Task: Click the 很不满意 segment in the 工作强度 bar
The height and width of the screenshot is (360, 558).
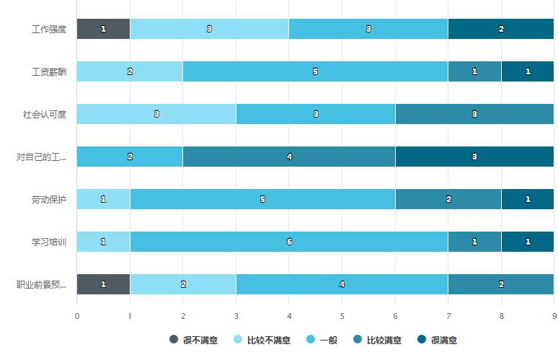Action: click(103, 29)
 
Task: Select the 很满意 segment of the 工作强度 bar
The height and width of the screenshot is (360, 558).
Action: click(501, 29)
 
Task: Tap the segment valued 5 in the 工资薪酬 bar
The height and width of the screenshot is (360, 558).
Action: click(315, 71)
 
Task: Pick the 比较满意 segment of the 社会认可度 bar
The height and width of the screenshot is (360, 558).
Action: click(474, 114)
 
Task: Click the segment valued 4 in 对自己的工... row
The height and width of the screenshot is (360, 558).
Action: click(288, 157)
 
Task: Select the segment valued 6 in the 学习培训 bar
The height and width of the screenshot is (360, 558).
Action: click(288, 242)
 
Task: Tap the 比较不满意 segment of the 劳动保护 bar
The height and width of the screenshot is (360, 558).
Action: click(103, 199)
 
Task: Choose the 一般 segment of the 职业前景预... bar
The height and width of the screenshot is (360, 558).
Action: click(342, 284)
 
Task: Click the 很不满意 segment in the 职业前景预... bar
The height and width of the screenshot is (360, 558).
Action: click(103, 284)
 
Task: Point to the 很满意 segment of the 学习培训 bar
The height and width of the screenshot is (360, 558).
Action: click(528, 242)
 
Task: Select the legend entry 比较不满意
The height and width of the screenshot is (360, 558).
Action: click(262, 340)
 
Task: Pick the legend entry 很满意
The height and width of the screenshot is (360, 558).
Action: click(438, 340)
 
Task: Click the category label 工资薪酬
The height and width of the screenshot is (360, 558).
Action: click(49, 71)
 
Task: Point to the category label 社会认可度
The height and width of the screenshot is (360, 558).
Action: click(45, 114)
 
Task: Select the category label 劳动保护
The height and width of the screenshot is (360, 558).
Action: click(49, 199)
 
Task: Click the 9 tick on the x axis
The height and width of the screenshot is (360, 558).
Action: click(554, 315)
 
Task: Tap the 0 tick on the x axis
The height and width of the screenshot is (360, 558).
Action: click(77, 315)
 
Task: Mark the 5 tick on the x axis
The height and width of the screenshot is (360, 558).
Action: click(342, 315)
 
